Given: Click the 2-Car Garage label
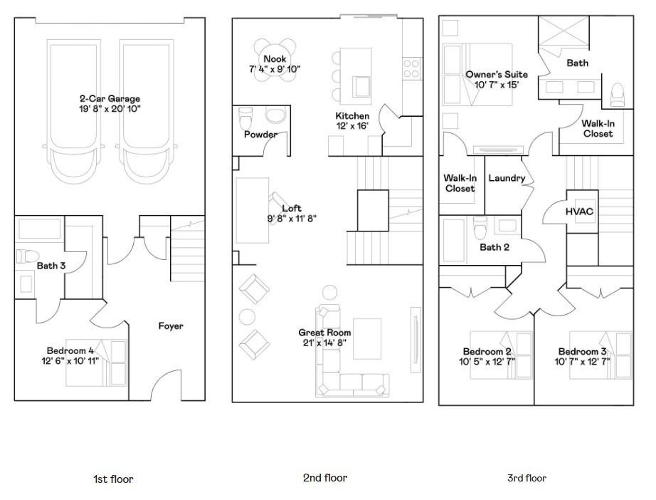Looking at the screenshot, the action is pyautogui.click(x=110, y=99).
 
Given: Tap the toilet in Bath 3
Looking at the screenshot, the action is pyautogui.click(x=28, y=256).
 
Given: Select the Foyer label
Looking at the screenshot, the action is pyautogui.click(x=171, y=325).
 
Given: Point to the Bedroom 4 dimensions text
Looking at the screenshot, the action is pyautogui.click(x=70, y=361).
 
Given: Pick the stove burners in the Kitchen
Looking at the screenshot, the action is pyautogui.click(x=411, y=68).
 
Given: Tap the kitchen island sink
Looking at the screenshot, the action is pyautogui.click(x=362, y=86).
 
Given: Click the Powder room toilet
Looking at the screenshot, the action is pyautogui.click(x=245, y=118).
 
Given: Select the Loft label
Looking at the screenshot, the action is pyautogui.click(x=292, y=208).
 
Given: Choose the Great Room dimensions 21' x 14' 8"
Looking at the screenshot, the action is pyautogui.click(x=324, y=343).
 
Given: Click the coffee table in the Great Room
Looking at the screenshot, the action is pyautogui.click(x=367, y=339).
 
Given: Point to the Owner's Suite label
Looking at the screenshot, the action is pyautogui.click(x=497, y=75).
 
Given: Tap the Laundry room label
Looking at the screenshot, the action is pyautogui.click(x=507, y=178).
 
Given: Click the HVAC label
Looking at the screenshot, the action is pyautogui.click(x=579, y=212).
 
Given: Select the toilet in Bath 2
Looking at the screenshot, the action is pyautogui.click(x=480, y=227).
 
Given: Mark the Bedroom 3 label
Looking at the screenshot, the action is pyautogui.click(x=582, y=351).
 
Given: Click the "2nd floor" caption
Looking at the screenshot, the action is pyautogui.click(x=325, y=478).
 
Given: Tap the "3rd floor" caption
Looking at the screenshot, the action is pyautogui.click(x=527, y=478).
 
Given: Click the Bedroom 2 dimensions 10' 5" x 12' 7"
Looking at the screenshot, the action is pyautogui.click(x=487, y=361).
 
